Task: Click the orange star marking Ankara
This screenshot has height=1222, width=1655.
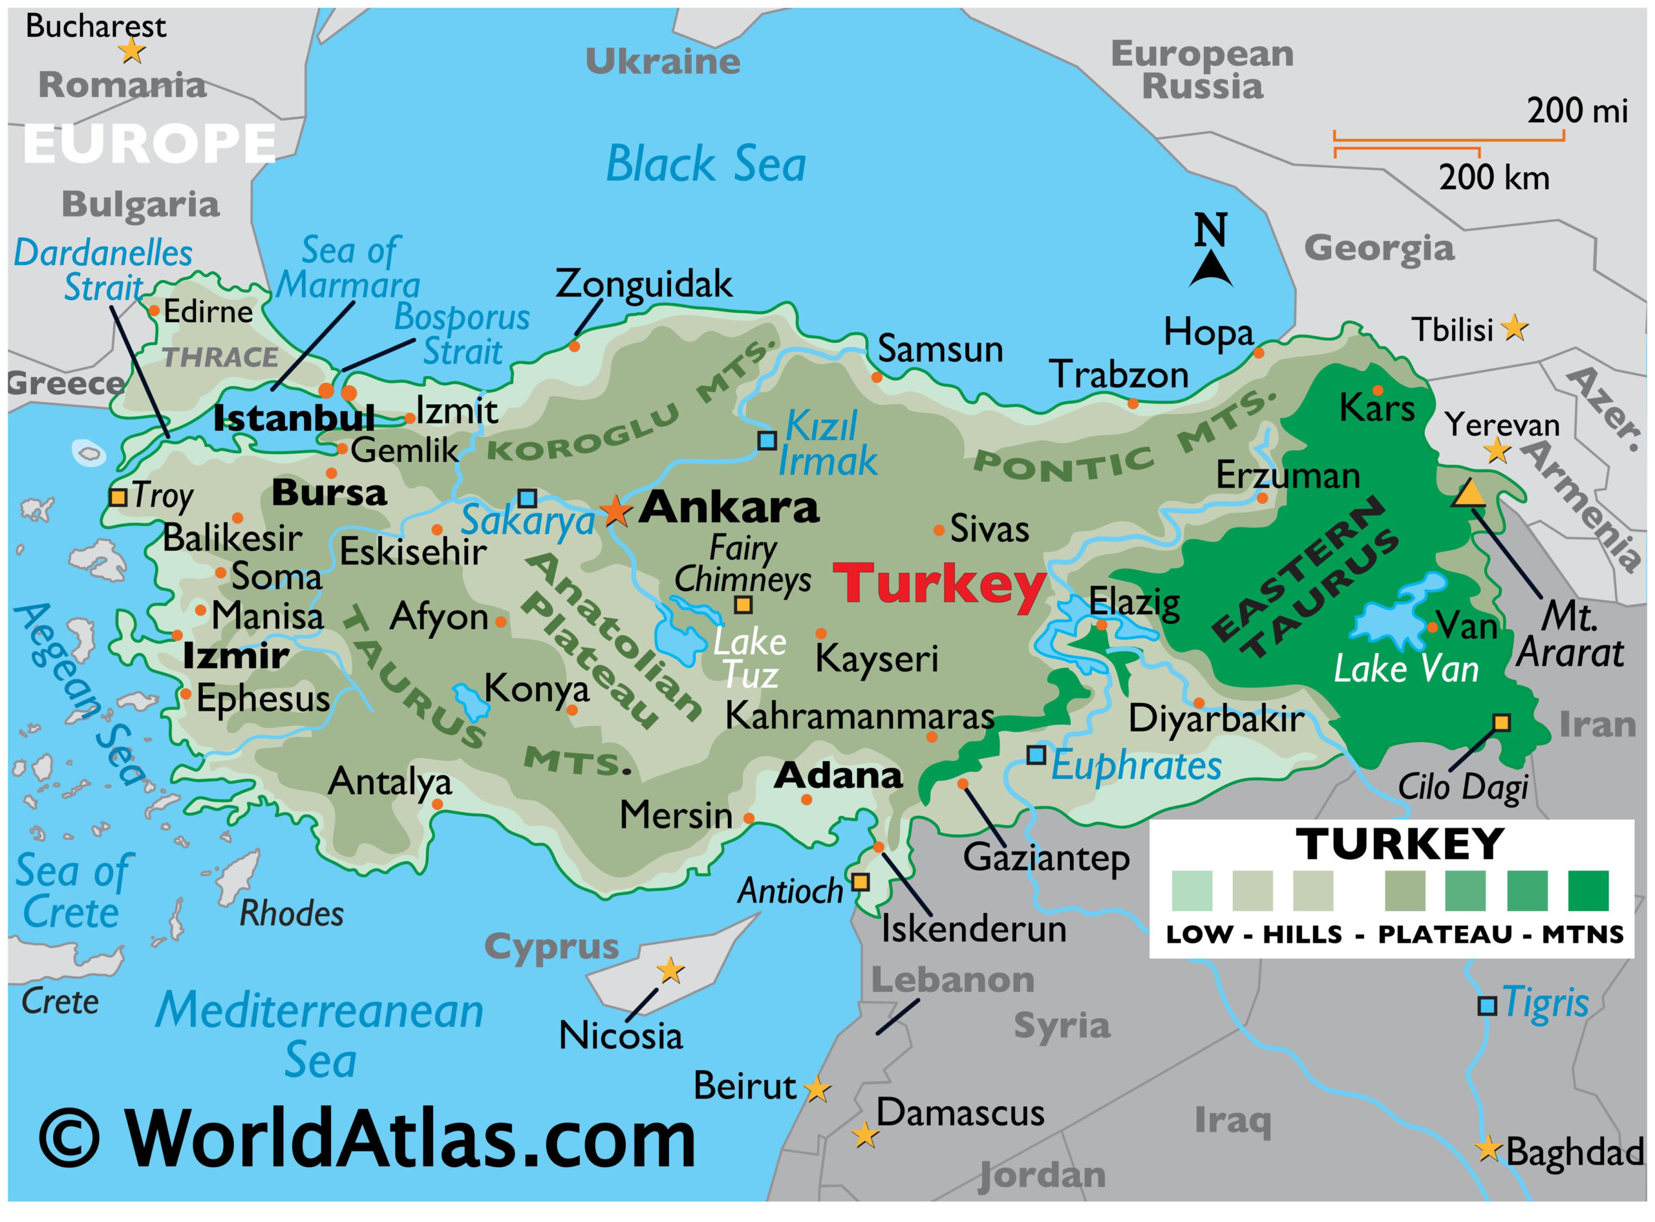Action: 615,510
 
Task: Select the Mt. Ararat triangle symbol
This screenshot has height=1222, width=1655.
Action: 1469,494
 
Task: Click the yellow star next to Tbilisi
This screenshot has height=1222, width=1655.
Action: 1515,327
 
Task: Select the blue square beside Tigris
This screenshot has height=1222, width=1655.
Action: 1487,1006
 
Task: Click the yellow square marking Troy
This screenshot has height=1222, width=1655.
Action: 118,497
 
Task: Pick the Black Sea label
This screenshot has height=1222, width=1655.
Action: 705,164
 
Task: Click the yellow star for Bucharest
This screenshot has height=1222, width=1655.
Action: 132,51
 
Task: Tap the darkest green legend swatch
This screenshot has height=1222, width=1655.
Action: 1588,890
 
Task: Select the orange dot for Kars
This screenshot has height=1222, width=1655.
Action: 1378,391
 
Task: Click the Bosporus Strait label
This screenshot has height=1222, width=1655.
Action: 462,334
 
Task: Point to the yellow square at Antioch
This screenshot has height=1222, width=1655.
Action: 859,882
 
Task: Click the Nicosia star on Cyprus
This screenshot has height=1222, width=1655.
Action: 670,970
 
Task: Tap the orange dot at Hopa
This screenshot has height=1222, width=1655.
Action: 1259,353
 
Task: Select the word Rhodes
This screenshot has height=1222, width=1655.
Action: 292,914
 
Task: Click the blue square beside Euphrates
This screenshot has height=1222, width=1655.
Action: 1036,755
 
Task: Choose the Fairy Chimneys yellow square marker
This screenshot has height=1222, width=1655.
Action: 743,605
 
